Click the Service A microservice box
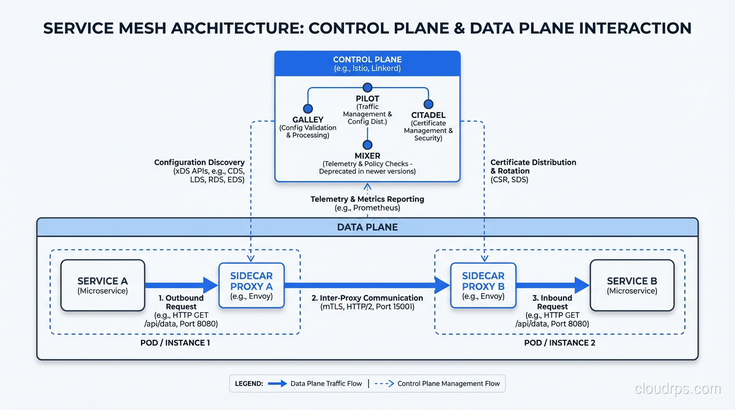point(103,285)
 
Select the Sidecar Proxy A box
point(252,285)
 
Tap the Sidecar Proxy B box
point(483,285)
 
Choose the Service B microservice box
point(631,285)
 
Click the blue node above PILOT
point(367,88)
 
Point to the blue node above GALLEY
point(308,109)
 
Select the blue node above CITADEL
point(428,104)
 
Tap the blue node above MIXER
point(367,145)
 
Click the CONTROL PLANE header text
point(367,60)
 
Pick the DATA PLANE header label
point(367,227)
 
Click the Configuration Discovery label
point(199,162)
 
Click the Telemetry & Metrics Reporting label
point(367,199)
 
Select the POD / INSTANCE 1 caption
point(175,343)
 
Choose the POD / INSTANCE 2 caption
point(559,343)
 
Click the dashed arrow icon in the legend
point(384,383)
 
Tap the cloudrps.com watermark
point(677,389)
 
